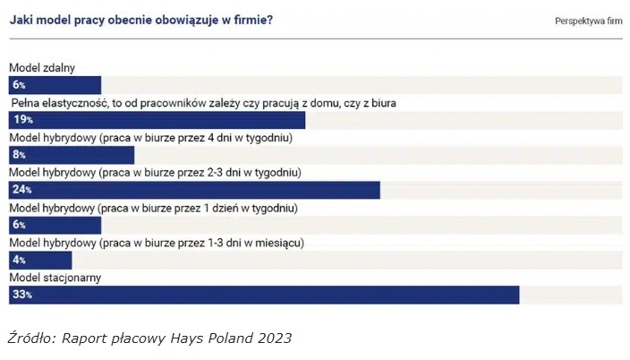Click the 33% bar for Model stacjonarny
click(264, 295)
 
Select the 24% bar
click(194, 190)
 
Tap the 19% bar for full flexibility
click(157, 120)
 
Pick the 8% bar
click(72, 155)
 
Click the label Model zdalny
click(42, 68)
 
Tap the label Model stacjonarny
click(55, 278)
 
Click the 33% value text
click(22, 295)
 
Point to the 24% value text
click(22, 190)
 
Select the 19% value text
click(22, 120)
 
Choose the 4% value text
click(19, 260)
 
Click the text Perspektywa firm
click(588, 21)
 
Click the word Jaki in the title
click(21, 19)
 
